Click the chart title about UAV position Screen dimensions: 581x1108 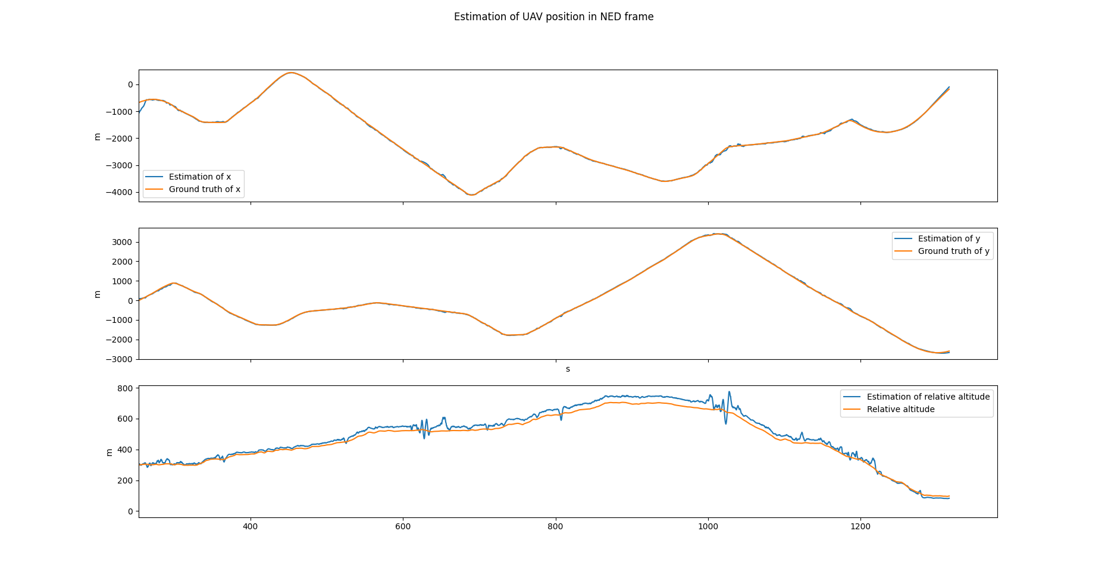point(553,17)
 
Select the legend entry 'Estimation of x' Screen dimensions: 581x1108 point(199,177)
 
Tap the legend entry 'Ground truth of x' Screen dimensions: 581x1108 point(204,189)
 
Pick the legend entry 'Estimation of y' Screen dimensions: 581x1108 point(949,238)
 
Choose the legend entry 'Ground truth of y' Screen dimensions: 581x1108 point(953,251)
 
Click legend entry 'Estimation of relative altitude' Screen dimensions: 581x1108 point(928,397)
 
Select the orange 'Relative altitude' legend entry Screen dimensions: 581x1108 point(900,409)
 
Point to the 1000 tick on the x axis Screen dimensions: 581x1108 point(708,526)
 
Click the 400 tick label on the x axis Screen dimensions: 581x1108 point(251,526)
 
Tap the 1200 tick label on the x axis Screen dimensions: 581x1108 point(860,526)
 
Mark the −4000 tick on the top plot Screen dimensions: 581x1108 point(119,192)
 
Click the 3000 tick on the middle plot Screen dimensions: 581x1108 point(121,242)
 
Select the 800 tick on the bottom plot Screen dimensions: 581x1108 point(125,388)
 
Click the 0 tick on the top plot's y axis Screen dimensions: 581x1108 point(130,84)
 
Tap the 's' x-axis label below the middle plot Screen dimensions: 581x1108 point(568,369)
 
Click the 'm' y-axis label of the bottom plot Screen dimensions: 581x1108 point(109,452)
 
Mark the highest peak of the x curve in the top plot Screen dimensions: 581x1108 point(290,73)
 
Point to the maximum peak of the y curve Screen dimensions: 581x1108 point(720,234)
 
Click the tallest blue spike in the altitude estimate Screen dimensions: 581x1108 point(730,392)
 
